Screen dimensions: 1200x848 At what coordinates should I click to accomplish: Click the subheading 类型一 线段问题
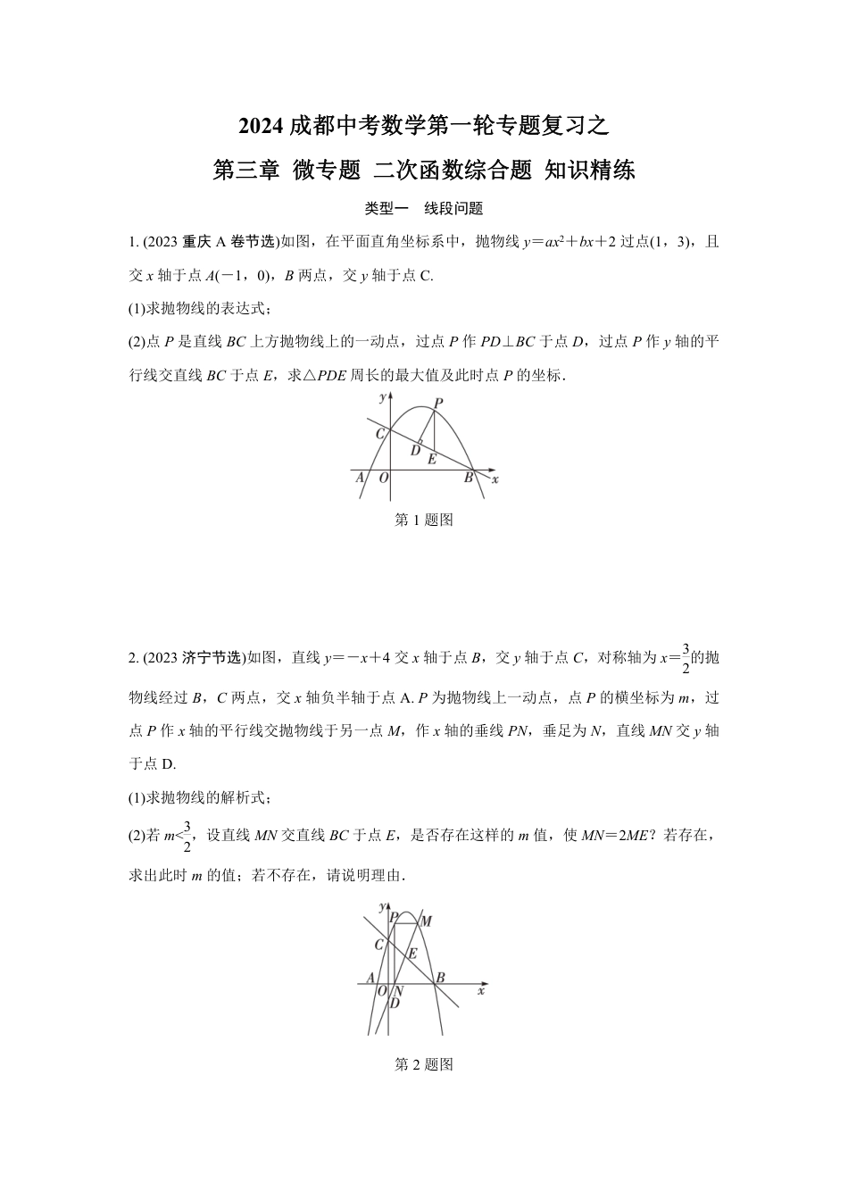[x=424, y=209]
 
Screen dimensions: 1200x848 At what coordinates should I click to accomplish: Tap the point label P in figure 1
[x=437, y=404]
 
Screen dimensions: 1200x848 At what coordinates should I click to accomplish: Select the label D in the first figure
[x=415, y=451]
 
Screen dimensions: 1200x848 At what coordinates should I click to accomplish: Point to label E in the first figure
[x=432, y=460]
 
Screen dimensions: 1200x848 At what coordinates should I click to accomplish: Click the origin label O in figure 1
[x=383, y=479]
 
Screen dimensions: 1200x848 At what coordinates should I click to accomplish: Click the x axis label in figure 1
[x=495, y=479]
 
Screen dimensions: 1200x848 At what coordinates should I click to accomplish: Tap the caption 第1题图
[x=424, y=520]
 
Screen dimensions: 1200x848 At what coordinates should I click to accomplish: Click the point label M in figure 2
[x=427, y=921]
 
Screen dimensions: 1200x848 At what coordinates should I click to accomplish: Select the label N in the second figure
[x=398, y=991]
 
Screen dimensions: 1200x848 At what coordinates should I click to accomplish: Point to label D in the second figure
[x=394, y=1003]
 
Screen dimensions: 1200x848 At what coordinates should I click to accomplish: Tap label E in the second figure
[x=412, y=953]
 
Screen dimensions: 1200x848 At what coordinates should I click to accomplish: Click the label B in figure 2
[x=440, y=978]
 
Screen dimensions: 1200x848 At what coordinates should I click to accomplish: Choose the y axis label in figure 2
[x=382, y=907]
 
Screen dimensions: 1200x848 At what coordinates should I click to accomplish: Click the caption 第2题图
[x=424, y=1064]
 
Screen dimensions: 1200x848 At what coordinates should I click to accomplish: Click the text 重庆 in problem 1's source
[x=195, y=242]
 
